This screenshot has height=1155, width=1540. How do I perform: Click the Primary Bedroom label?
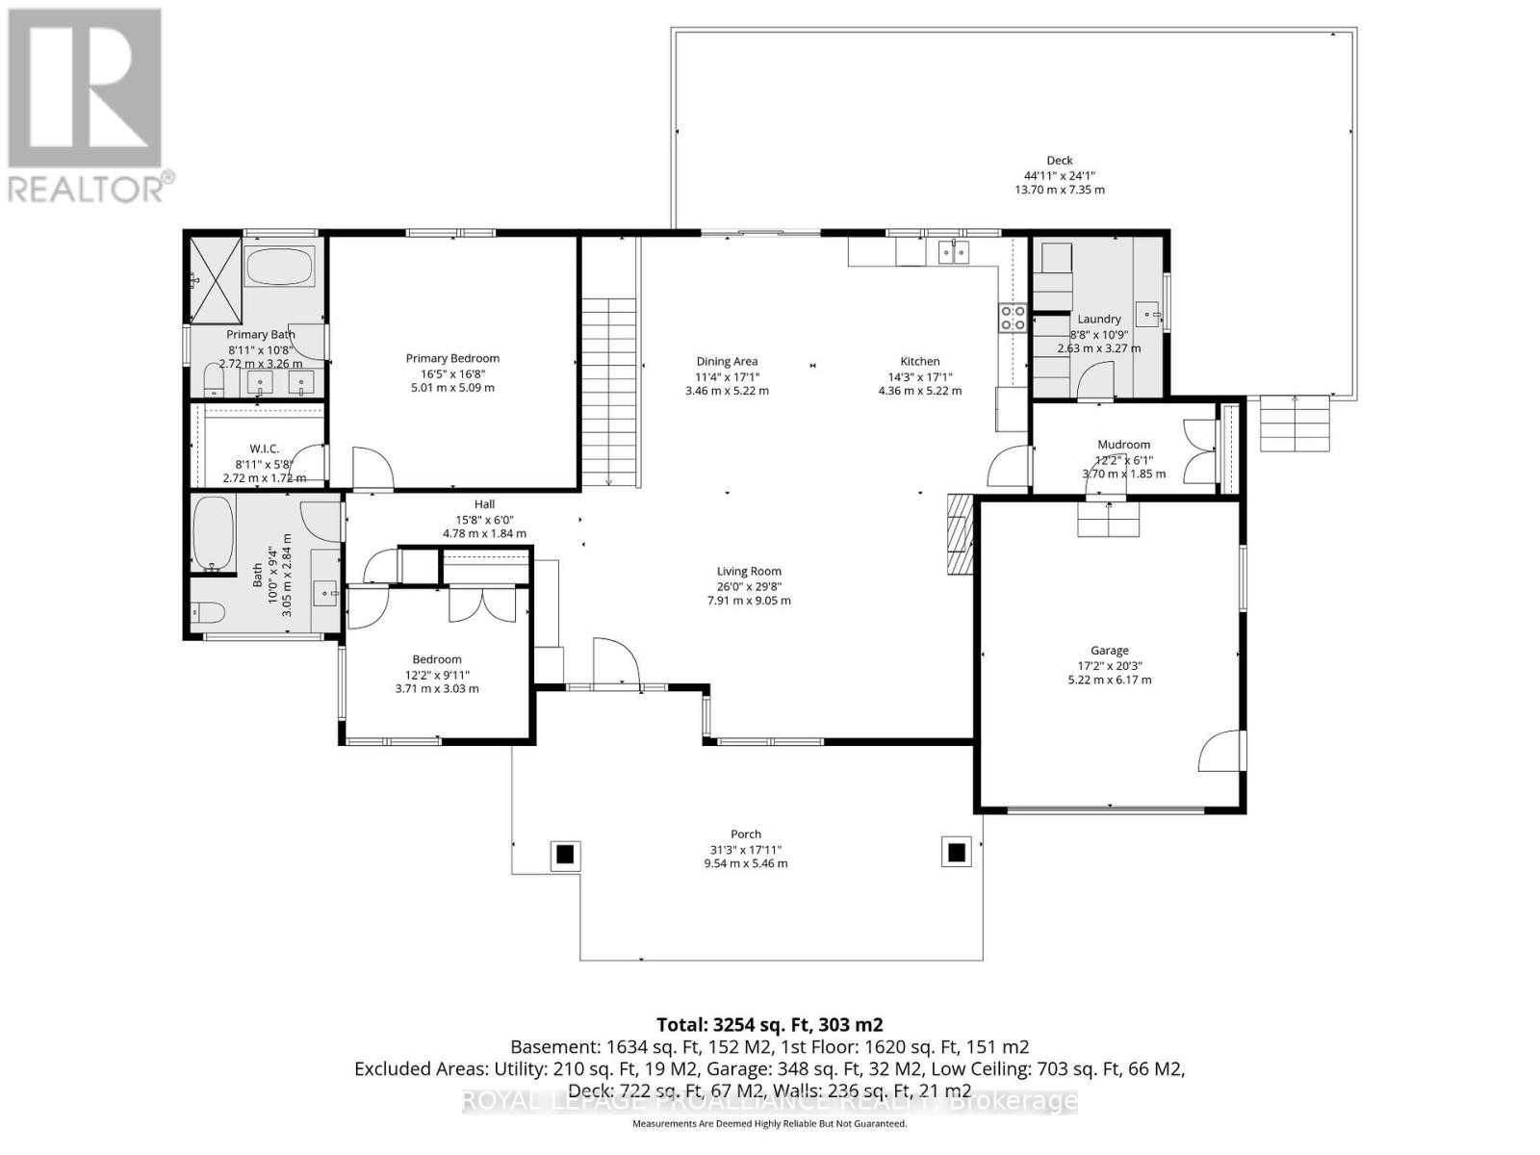[452, 358]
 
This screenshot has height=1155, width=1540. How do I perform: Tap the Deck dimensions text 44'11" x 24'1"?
[1059, 175]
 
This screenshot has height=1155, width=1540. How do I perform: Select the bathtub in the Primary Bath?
[279, 267]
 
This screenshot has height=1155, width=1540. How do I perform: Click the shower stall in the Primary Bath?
[215, 279]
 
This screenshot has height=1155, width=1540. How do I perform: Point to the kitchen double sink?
[953, 252]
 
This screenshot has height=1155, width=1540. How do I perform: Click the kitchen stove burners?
[1012, 318]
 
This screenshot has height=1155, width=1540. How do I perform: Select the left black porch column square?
[565, 854]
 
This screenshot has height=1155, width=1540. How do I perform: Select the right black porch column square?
[957, 853]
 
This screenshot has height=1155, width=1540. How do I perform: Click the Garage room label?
[1109, 651]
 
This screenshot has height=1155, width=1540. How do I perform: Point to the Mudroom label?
[1123, 445]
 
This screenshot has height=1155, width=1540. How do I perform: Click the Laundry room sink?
[1148, 313]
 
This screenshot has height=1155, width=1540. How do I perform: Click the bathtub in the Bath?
[213, 532]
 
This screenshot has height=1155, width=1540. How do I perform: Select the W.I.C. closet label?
[264, 449]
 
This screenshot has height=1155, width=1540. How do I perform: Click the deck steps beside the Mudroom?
[1296, 424]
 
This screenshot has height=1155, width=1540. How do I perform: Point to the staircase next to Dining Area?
[609, 390]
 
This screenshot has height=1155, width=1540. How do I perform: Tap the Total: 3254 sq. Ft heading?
[769, 1024]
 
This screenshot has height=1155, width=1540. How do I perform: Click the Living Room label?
[749, 571]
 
